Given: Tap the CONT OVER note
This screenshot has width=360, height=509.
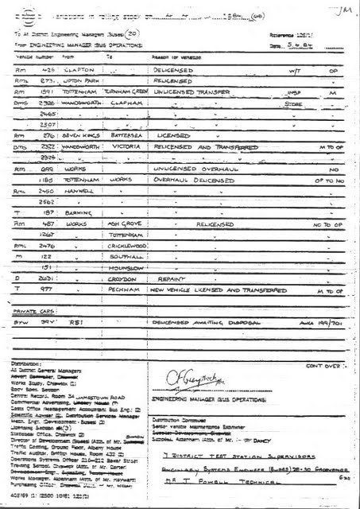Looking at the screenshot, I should coord(323,366).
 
